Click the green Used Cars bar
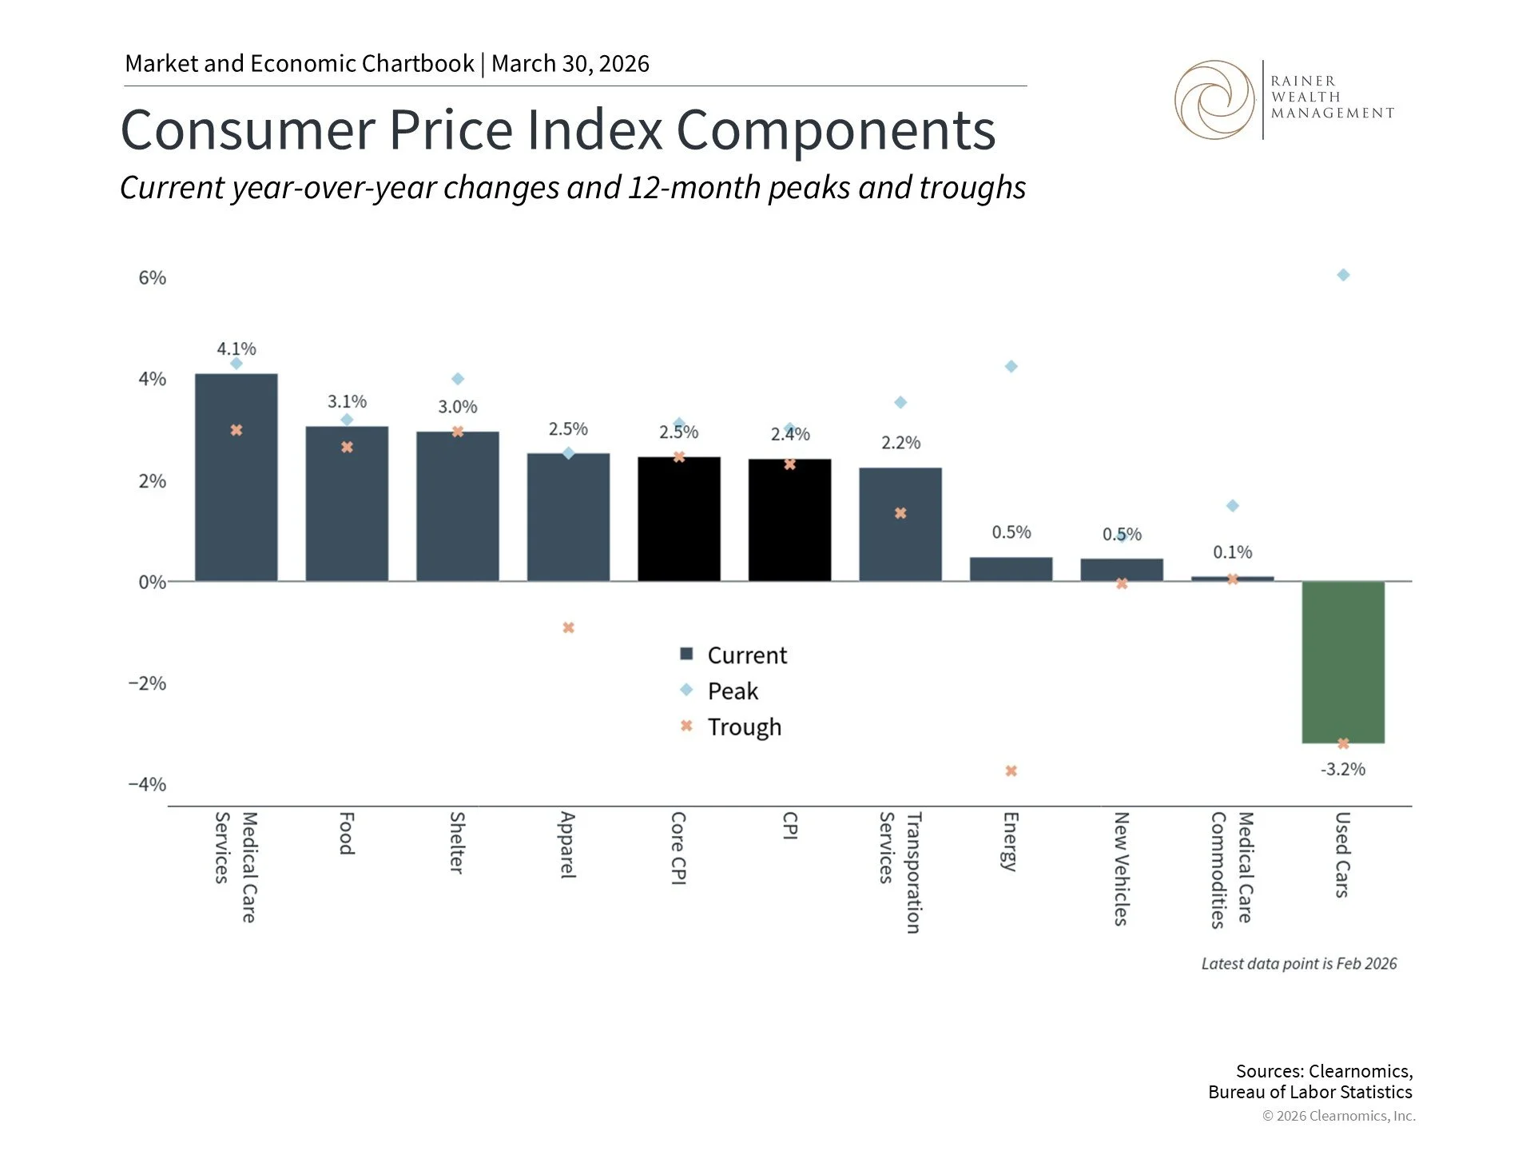[1342, 662]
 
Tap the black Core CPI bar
[678, 520]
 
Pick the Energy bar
[1011, 569]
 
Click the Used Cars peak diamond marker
[1343, 275]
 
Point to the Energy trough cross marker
[1011, 771]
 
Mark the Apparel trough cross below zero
[568, 628]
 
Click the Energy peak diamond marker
[1011, 367]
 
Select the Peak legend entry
[732, 691]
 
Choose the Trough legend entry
[743, 727]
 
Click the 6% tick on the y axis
[152, 278]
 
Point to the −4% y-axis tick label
[147, 784]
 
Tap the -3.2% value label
[1342, 770]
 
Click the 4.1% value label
[236, 349]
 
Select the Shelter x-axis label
[457, 842]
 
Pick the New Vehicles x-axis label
[1121, 868]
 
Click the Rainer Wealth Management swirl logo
[1214, 100]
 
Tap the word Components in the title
[836, 130]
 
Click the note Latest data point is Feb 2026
[1298, 964]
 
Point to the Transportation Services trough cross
[900, 513]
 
